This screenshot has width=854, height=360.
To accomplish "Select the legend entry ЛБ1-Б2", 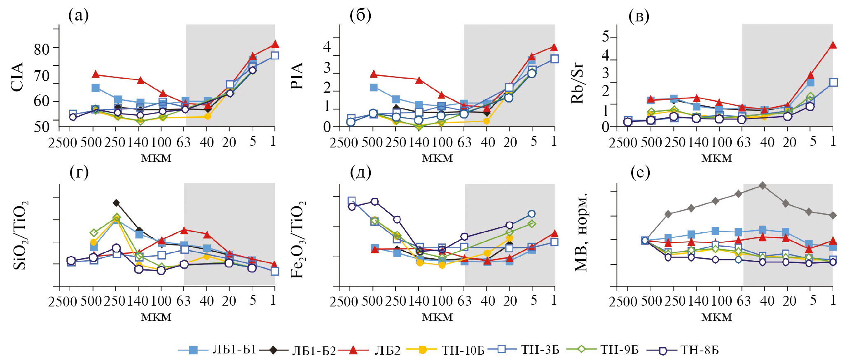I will pos(314,351).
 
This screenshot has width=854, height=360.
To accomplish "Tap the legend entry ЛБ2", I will pos(387,350).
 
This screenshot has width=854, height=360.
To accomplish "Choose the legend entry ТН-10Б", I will pos(463,350).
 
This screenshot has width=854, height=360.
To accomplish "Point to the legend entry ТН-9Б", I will pos(619,350).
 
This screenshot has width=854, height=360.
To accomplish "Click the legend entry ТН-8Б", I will pos(700,350).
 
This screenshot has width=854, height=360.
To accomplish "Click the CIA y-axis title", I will pos(17,77).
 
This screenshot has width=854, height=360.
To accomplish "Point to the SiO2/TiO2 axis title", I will pos(21,235).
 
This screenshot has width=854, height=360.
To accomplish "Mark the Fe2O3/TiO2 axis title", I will pos(298,240).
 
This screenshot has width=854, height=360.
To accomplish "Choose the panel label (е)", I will pos(640,173).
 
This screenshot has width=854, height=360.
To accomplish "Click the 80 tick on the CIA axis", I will pos(41,49).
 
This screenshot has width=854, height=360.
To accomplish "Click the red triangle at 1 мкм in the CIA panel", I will pos(275,44).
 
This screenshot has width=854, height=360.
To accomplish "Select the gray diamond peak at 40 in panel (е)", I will pos(763,185).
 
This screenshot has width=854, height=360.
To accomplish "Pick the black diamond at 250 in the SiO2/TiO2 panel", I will pos(117,203).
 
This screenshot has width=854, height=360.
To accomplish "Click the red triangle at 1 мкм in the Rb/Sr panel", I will pos(833,45).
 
